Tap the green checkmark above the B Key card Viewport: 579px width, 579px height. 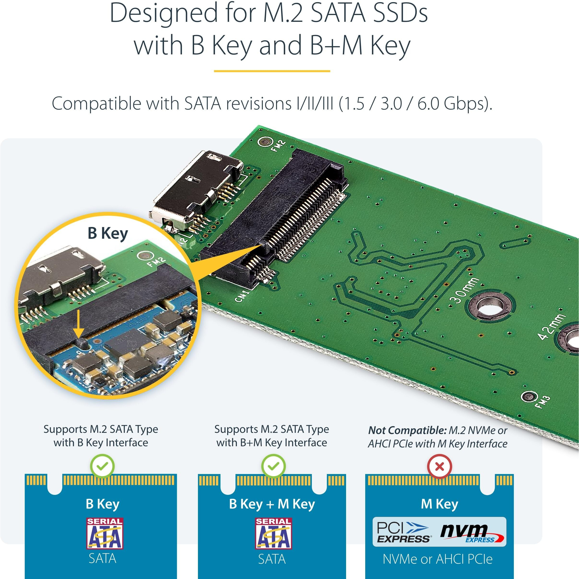coord(102,466)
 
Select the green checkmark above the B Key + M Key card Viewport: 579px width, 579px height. coord(273,466)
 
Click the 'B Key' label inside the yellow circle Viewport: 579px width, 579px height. coord(108,233)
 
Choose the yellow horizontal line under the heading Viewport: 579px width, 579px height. coord(272,71)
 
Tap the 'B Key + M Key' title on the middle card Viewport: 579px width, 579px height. coord(272,504)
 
